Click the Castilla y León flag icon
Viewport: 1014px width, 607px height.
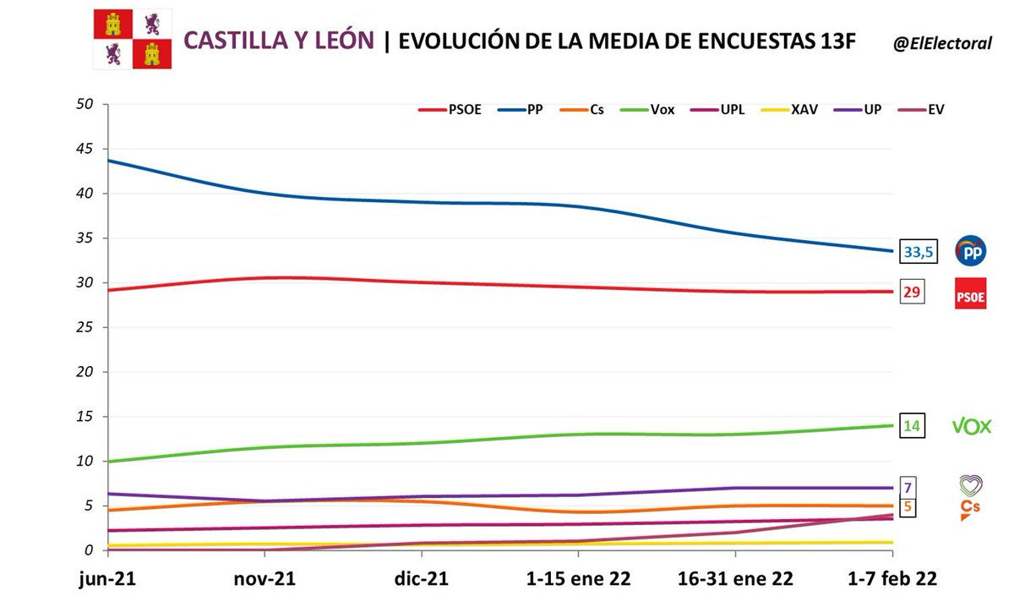click(132, 40)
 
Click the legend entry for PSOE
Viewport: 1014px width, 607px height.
click(450, 110)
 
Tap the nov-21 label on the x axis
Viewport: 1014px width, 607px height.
click(264, 579)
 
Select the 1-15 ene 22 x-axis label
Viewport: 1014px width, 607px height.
click(578, 579)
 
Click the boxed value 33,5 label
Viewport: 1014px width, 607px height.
click(920, 251)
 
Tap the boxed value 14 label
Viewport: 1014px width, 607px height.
click(912, 426)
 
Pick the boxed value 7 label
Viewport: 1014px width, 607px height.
click(907, 488)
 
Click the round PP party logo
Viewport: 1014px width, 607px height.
click(971, 251)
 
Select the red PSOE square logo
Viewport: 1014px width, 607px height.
click(971, 293)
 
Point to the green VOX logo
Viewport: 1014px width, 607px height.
click(971, 426)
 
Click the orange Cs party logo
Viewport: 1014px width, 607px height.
click(971, 509)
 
